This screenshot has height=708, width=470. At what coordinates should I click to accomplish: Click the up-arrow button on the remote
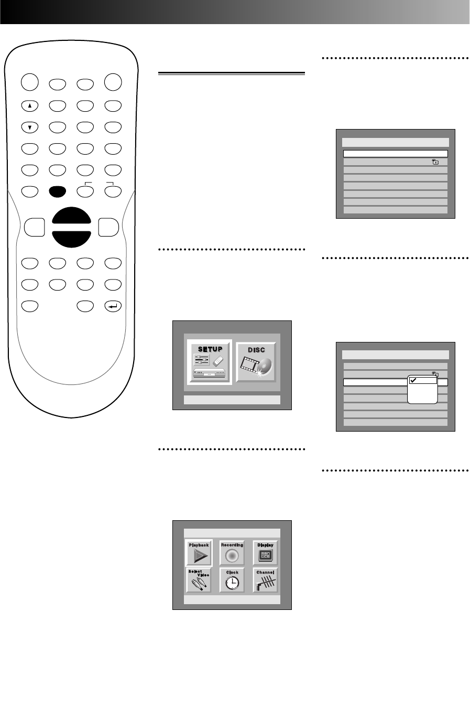click(x=30, y=105)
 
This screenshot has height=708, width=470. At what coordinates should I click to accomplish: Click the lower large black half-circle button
click(x=72, y=237)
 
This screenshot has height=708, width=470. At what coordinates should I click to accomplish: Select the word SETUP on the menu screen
click(x=210, y=349)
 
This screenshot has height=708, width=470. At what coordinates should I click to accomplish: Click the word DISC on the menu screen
click(x=256, y=350)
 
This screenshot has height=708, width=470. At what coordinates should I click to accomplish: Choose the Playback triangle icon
click(x=199, y=556)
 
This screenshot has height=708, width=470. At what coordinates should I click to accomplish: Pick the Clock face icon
click(x=232, y=582)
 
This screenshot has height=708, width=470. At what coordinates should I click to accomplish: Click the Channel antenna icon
click(x=266, y=582)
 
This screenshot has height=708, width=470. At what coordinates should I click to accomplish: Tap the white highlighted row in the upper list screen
click(x=395, y=154)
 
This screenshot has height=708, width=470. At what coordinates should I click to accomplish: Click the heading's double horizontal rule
click(x=231, y=74)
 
